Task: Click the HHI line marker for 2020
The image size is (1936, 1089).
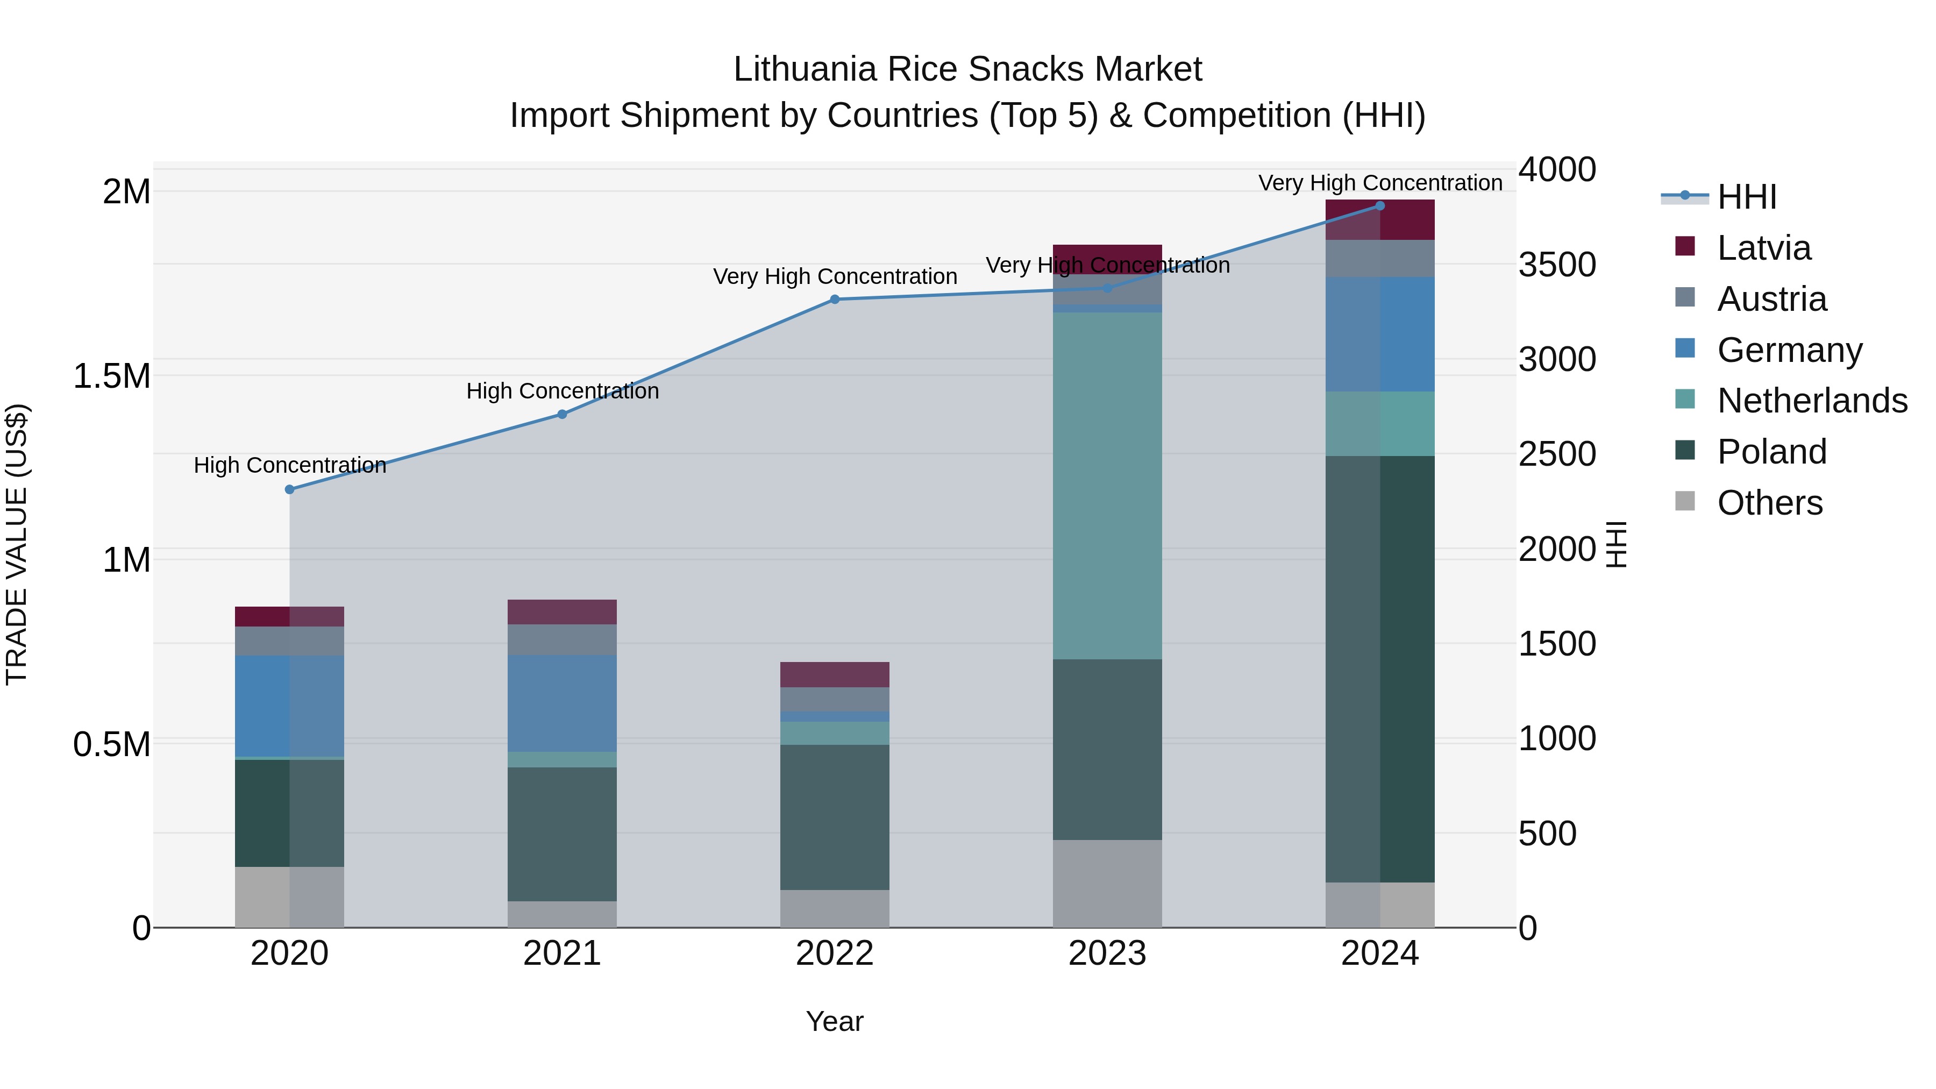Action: click(289, 489)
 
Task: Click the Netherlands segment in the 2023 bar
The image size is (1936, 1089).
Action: click(1107, 486)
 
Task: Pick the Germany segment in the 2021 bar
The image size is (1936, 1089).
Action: click(562, 703)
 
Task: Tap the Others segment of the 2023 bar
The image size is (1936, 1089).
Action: click(1107, 883)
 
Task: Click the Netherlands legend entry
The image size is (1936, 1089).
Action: click(1811, 401)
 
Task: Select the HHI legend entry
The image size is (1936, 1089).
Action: click(1746, 197)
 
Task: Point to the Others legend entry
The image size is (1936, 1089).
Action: click(1769, 503)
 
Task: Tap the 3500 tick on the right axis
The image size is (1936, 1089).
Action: click(1556, 265)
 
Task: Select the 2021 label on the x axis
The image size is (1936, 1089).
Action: click(562, 953)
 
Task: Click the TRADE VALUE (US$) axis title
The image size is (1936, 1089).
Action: click(17, 544)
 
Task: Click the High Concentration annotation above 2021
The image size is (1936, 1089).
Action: click(562, 391)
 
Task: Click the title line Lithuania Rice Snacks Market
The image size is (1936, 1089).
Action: click(967, 69)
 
